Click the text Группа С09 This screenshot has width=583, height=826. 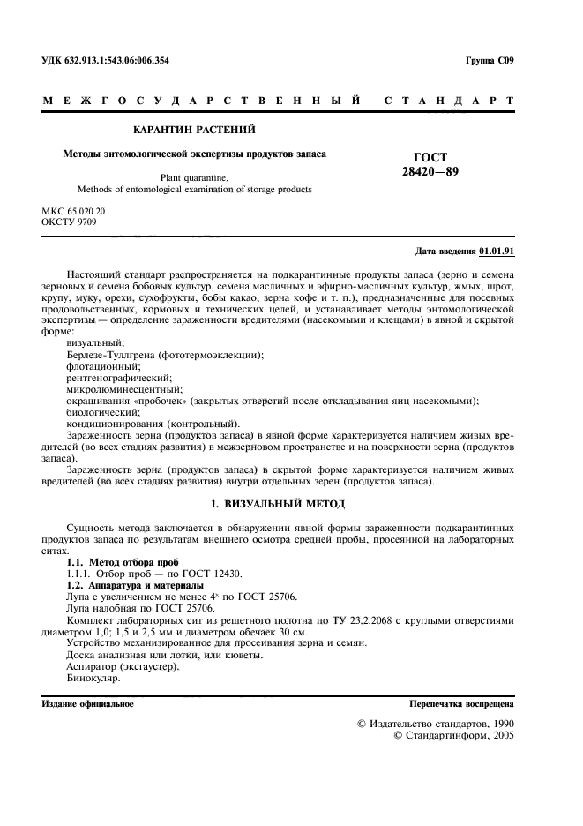489,60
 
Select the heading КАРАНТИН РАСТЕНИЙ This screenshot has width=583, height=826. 194,130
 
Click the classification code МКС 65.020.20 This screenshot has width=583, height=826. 74,212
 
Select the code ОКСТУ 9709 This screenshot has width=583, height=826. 70,222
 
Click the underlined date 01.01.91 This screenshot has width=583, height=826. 497,252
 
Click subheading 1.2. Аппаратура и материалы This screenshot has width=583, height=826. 135,584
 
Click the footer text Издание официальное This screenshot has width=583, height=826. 87,704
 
